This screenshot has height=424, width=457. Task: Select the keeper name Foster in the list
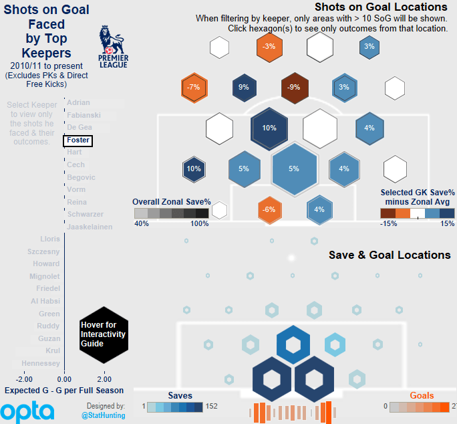pyautogui.click(x=78, y=140)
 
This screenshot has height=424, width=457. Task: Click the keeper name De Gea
pyautogui.click(x=80, y=127)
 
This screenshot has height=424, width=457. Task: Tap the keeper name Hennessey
pyautogui.click(x=41, y=363)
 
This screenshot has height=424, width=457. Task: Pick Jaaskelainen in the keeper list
pyautogui.click(x=90, y=227)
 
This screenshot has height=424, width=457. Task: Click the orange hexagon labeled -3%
pyautogui.click(x=269, y=47)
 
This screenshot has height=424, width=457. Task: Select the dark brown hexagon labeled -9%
pyautogui.click(x=294, y=87)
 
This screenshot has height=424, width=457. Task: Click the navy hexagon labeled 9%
pyautogui.click(x=244, y=87)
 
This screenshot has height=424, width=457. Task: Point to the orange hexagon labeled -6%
pyautogui.click(x=269, y=209)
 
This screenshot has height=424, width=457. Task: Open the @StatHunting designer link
pyautogui.click(x=103, y=415)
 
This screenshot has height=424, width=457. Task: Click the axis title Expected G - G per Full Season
pyautogui.click(x=64, y=390)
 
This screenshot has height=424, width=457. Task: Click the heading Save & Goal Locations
pyautogui.click(x=390, y=255)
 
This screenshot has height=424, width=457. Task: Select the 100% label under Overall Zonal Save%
pyautogui.click(x=200, y=223)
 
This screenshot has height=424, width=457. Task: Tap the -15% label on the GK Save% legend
pyautogui.click(x=389, y=223)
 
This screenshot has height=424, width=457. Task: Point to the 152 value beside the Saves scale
pyautogui.click(x=212, y=406)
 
